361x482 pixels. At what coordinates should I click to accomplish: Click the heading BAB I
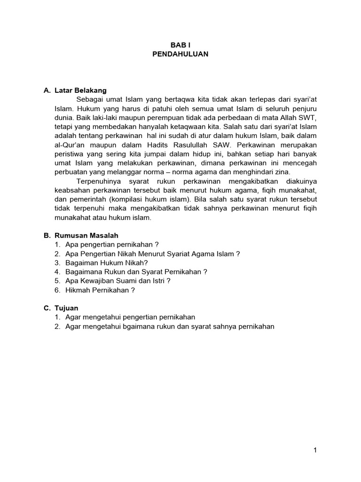[180, 45]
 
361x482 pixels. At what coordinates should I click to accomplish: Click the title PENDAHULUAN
[180, 54]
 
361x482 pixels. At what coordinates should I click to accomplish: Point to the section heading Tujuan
[66, 308]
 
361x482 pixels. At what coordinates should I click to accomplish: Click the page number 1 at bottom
[315, 450]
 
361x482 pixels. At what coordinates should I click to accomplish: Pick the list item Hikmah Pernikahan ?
[100, 290]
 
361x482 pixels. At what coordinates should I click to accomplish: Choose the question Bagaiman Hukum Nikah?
[100, 263]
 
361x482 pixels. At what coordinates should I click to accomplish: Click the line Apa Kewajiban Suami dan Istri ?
[118, 281]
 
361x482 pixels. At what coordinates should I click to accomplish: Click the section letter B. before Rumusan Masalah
[47, 235]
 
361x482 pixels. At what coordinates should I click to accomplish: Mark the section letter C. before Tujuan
[47, 308]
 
